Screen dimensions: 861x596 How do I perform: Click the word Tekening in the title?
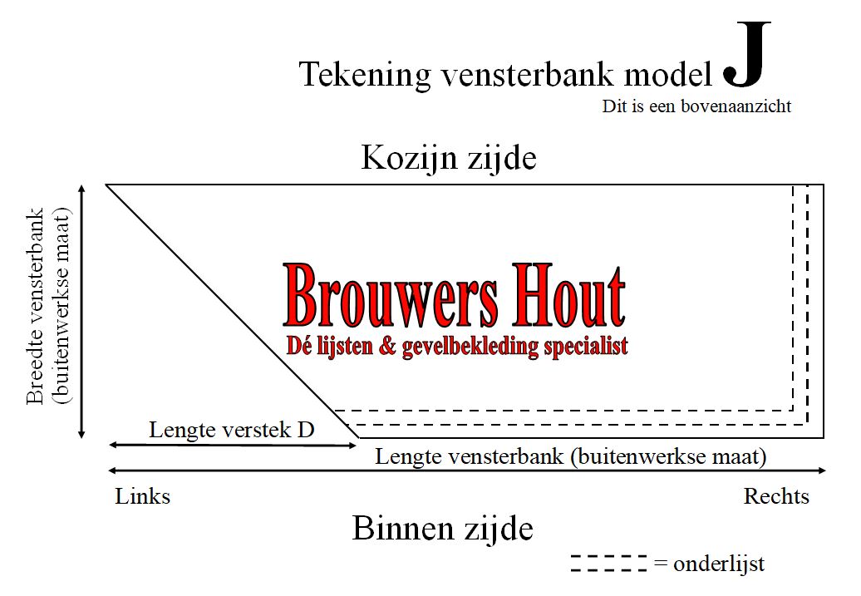point(365,75)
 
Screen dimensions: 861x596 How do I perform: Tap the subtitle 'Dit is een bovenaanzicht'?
point(696,106)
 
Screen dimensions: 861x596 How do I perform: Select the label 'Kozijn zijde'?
point(449,159)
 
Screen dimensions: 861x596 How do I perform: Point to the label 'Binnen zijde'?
point(443,529)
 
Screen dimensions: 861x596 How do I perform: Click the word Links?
point(143,496)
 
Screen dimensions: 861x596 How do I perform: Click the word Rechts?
point(776,496)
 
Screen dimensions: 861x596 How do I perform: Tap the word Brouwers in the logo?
point(391,296)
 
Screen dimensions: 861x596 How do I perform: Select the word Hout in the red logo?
point(569,296)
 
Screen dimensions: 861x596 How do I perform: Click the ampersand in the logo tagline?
point(387,347)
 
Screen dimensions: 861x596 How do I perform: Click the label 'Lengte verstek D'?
point(232,430)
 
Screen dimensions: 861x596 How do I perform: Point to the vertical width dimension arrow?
point(81,312)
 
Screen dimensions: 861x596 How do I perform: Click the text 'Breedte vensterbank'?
point(35,306)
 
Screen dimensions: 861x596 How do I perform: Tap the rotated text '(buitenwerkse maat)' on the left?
point(61,306)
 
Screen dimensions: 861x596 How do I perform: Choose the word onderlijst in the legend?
point(719,564)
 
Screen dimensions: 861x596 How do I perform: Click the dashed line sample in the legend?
point(609,564)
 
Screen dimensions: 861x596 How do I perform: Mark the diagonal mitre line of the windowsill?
point(232,312)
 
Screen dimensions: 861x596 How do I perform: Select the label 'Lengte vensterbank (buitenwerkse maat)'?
point(570,456)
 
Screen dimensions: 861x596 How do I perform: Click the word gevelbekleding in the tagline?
point(470,347)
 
